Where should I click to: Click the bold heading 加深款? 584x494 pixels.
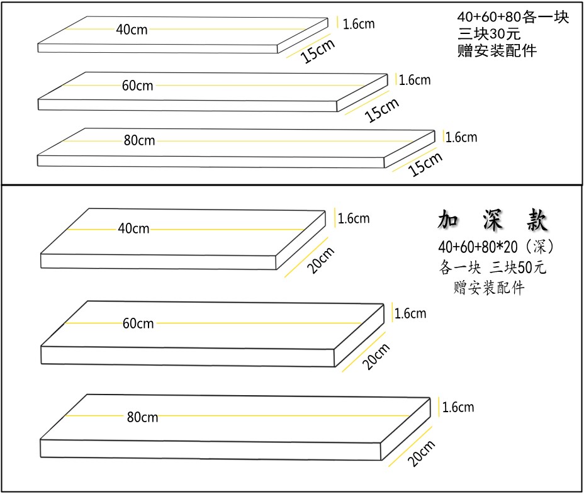[x=493, y=222]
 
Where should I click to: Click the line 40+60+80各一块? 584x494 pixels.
[x=513, y=18]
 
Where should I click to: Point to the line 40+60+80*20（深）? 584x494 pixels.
[x=497, y=245]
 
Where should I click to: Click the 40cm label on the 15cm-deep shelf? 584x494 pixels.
[x=132, y=29]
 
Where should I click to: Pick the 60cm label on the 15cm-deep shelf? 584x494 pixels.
[x=137, y=86]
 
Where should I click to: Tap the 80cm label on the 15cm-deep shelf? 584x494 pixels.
[x=139, y=140]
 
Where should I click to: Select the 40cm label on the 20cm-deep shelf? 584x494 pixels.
[x=133, y=228]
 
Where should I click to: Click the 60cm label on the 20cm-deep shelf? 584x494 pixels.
[x=138, y=323]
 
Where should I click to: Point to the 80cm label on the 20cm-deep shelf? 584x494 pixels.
[x=142, y=417]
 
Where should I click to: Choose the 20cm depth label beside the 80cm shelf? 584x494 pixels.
[x=421, y=452]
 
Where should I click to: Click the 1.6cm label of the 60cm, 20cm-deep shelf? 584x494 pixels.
[x=410, y=313]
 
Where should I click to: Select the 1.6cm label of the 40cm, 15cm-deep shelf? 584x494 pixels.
[x=359, y=24]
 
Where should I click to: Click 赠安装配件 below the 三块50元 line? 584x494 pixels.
[x=489, y=288]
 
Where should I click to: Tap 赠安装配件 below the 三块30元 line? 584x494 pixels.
[x=497, y=51]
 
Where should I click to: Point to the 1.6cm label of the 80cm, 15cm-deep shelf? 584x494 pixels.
[x=461, y=137]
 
